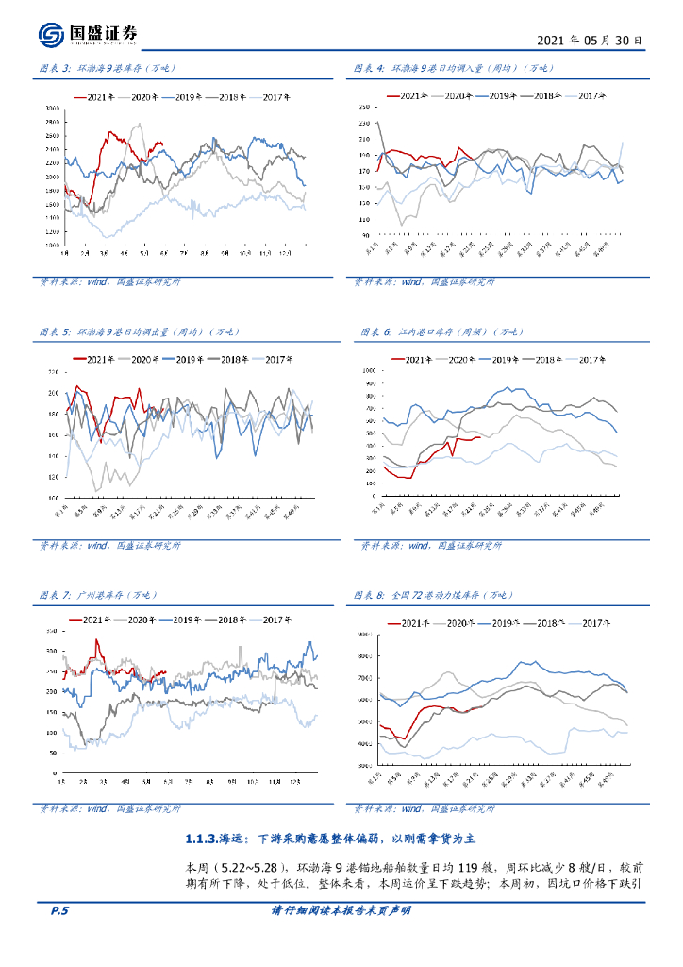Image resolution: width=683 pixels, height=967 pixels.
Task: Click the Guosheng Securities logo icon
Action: pyautogui.click(x=51, y=34)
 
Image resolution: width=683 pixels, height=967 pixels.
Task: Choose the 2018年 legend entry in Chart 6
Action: pyautogui.click(x=544, y=360)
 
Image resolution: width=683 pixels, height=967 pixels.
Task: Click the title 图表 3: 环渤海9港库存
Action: pyautogui.click(x=107, y=68)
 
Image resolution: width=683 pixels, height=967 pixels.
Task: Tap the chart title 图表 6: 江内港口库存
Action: pyautogui.click(x=440, y=331)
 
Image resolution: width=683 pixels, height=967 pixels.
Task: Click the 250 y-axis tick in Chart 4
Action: pyautogui.click(x=363, y=110)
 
